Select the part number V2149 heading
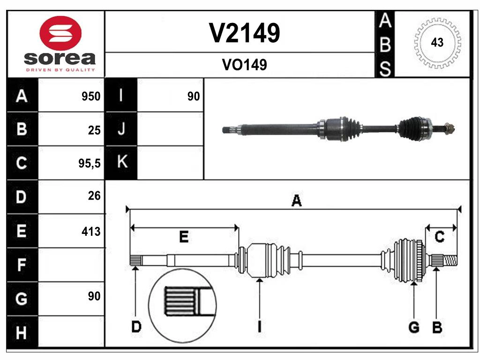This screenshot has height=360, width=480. pos(244,33)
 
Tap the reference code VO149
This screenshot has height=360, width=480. pos(244,65)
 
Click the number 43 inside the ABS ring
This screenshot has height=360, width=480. pos(437,43)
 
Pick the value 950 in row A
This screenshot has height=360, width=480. pos(91,97)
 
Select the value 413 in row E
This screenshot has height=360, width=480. pos(91,231)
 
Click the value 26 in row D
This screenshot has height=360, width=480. pos(94,196)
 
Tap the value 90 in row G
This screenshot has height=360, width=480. pos(94,296)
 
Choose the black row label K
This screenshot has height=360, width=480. pos(121,163)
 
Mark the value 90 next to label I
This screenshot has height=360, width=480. pos(193,97)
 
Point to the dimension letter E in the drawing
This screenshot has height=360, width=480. pos(184,237)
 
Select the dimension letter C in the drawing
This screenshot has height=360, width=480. pos(440,237)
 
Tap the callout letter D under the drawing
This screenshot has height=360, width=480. pos(135,327)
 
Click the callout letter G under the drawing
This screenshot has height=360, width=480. pos(413,328)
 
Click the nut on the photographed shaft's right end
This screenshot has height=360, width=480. pos(448,127)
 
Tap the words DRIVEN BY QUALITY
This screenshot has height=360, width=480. pos(60,69)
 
